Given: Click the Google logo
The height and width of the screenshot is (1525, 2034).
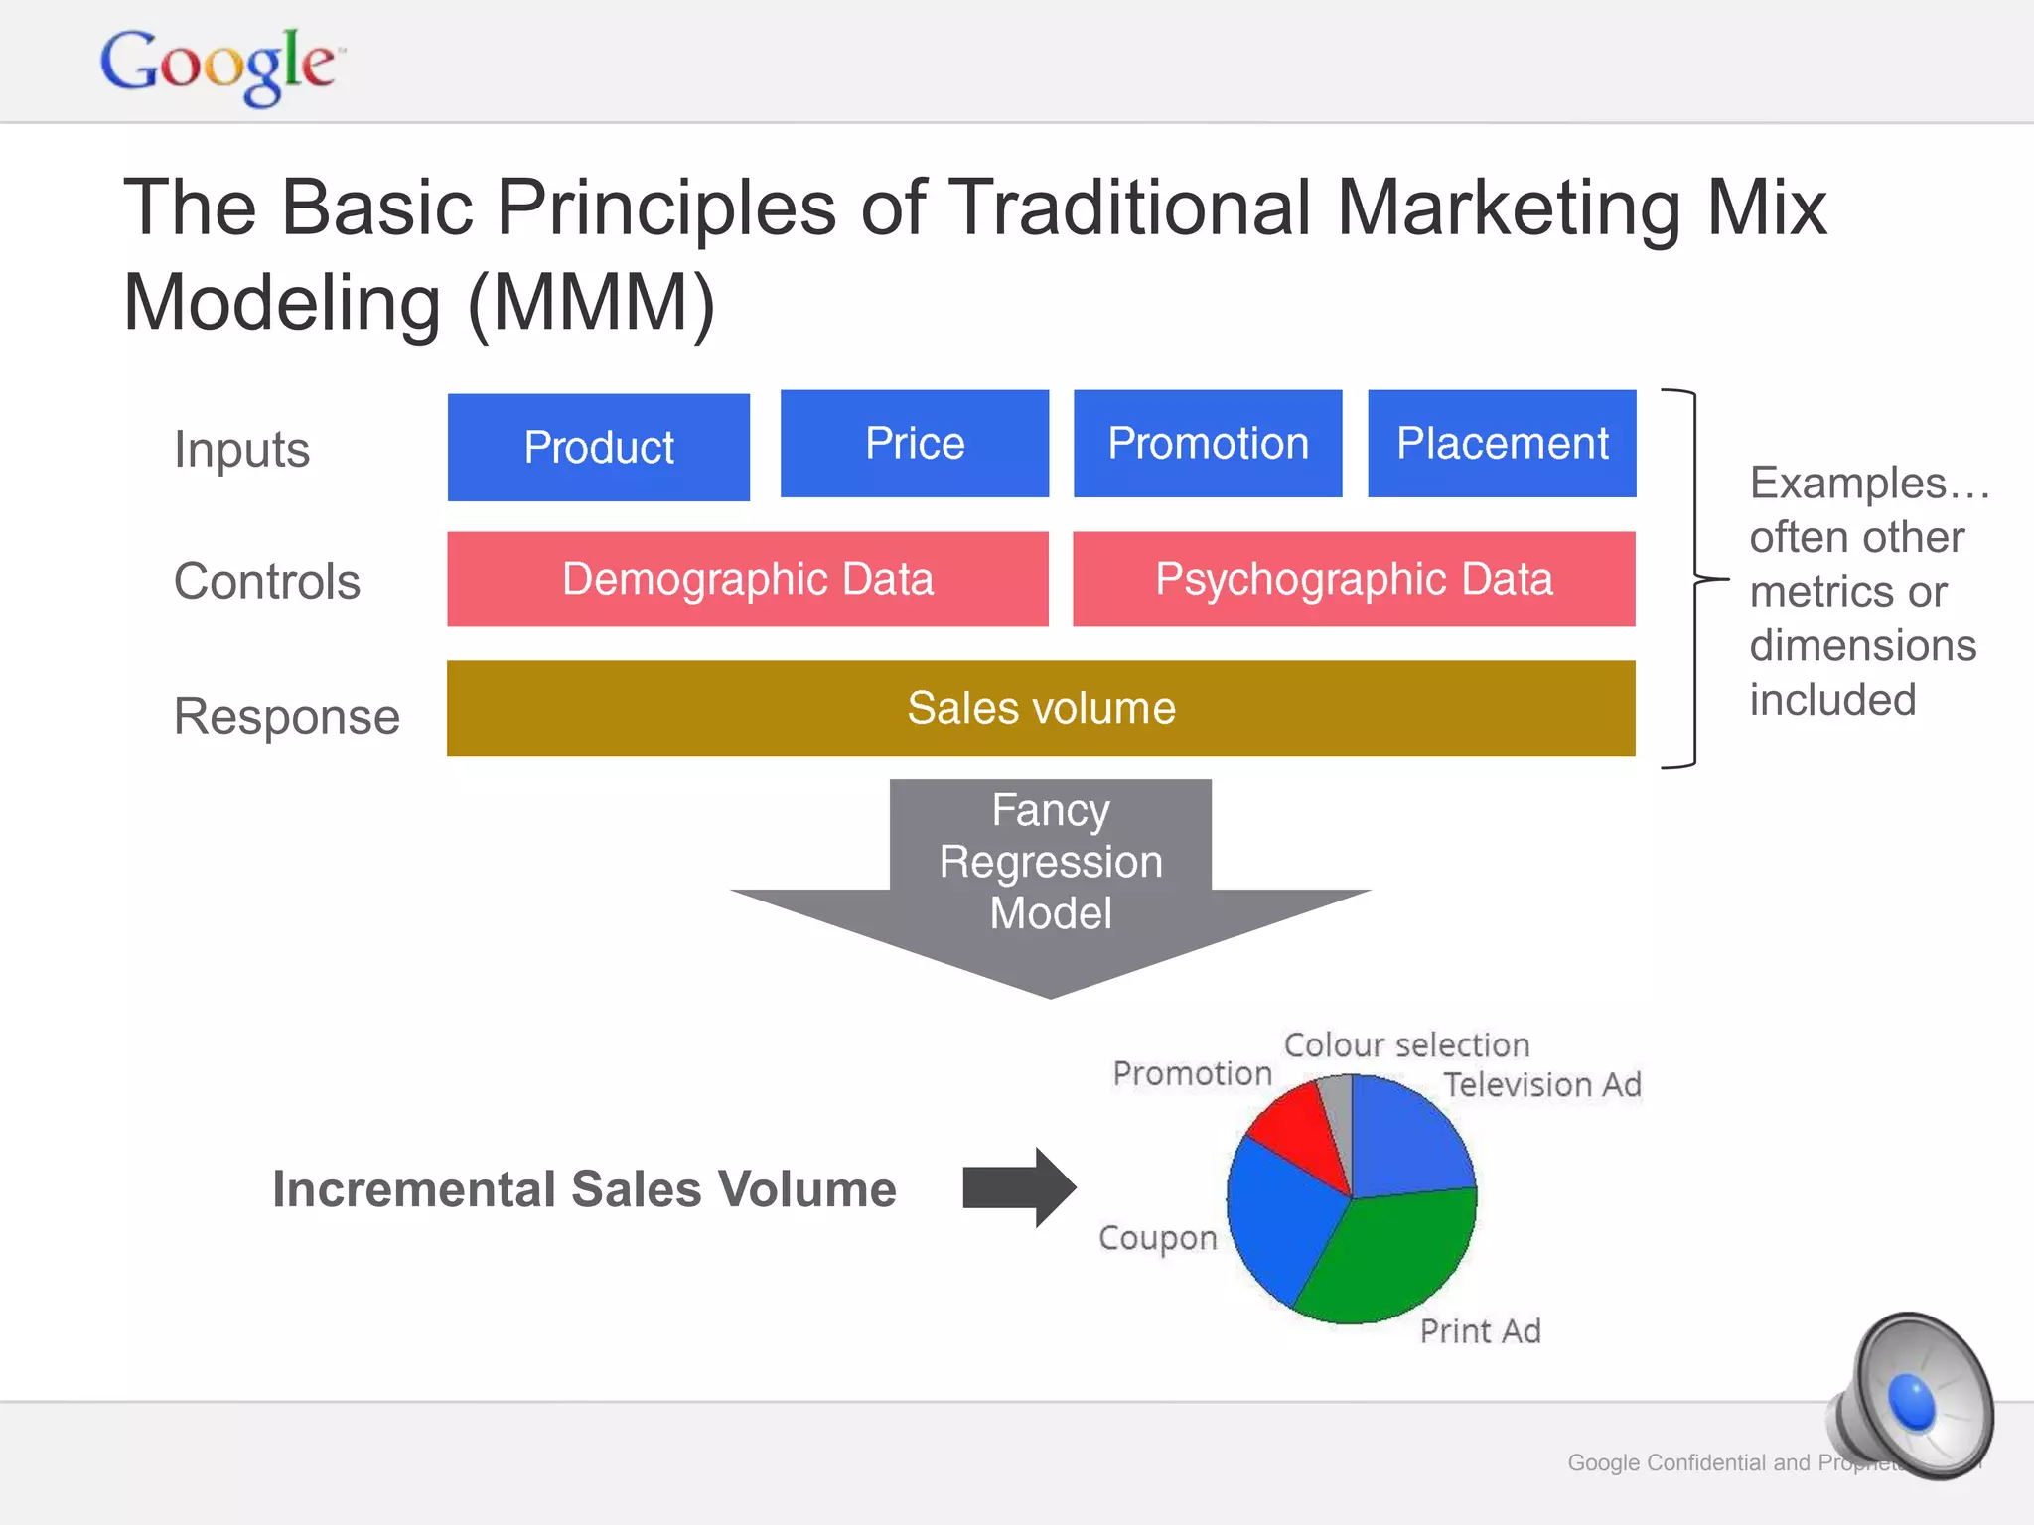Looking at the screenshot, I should [x=220, y=66].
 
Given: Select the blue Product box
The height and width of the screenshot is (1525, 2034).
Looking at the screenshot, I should [x=598, y=447].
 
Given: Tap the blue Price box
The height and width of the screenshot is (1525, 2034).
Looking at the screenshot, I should [x=914, y=443].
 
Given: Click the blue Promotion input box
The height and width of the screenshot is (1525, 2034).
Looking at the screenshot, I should [x=1207, y=443].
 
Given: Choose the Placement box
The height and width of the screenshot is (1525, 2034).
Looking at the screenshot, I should [x=1501, y=443].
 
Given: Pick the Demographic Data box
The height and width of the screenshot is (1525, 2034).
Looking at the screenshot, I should [x=747, y=579].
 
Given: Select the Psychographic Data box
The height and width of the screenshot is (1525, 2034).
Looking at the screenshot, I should [x=1353, y=579].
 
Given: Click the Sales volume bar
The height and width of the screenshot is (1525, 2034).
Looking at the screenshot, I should [x=1040, y=708].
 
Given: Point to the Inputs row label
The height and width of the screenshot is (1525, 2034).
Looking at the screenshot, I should [x=241, y=449].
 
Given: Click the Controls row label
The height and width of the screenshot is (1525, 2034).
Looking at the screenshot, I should [x=266, y=581].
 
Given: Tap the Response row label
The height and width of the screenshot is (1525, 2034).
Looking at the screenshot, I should [x=286, y=716].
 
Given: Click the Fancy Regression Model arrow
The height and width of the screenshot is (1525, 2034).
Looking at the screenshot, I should [x=1050, y=874].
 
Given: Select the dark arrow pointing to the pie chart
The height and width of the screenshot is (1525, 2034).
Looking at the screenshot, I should [x=1018, y=1187].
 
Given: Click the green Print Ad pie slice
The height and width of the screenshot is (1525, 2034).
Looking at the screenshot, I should [x=1385, y=1256].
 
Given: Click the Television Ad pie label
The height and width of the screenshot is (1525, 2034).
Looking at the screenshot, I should [x=1541, y=1084].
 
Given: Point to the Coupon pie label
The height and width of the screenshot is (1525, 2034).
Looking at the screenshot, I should [x=1157, y=1238].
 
